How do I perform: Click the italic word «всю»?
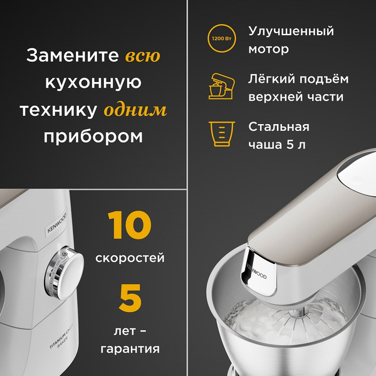click(x=143, y=56)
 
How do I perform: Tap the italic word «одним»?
click(x=135, y=110)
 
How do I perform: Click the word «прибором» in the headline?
click(x=93, y=137)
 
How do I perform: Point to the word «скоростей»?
click(x=130, y=258)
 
